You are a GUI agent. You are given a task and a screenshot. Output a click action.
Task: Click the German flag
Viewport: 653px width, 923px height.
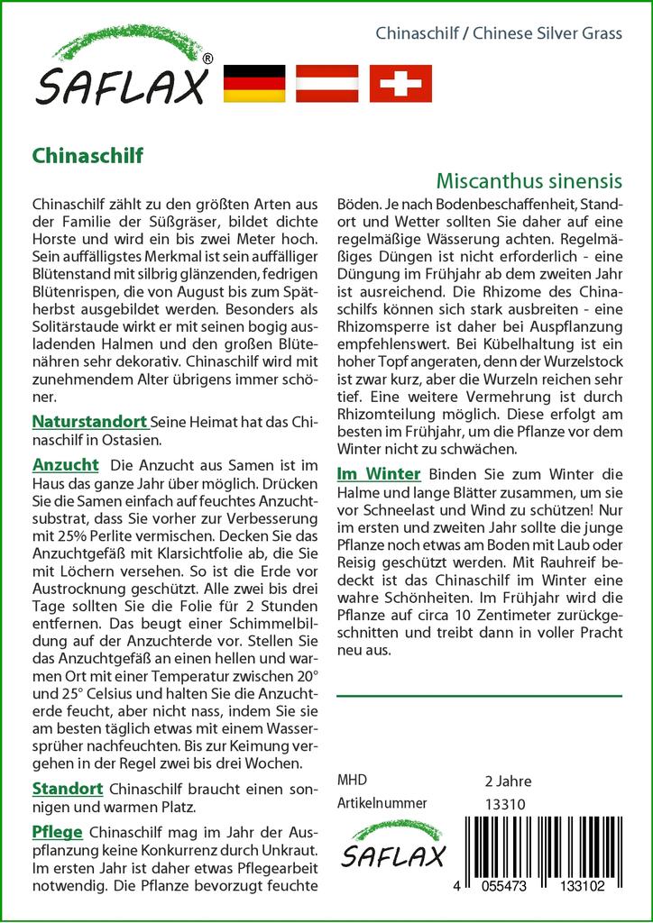(253, 83)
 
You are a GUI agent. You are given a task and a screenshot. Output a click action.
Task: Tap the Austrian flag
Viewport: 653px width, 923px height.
(327, 83)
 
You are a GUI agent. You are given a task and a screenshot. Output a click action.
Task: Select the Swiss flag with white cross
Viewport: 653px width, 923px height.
(401, 83)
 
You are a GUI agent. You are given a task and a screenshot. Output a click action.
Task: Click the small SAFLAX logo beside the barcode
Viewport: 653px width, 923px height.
(391, 845)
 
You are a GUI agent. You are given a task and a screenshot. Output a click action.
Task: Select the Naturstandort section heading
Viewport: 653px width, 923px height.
(89, 421)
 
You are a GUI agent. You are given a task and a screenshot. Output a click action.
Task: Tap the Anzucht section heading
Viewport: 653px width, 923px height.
(65, 465)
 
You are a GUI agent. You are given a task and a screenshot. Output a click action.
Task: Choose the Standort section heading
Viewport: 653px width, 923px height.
(68, 788)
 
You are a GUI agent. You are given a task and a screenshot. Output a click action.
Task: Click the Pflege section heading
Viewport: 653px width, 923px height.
(57, 831)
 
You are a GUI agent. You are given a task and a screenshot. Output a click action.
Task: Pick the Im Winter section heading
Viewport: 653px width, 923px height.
(378, 473)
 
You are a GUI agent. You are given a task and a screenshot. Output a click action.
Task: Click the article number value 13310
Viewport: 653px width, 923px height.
(504, 804)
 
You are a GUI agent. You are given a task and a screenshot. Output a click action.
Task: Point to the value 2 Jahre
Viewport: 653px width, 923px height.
(508, 781)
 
